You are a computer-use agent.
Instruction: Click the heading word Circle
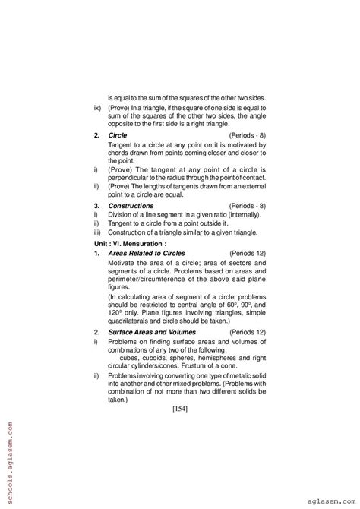click(x=118, y=134)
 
